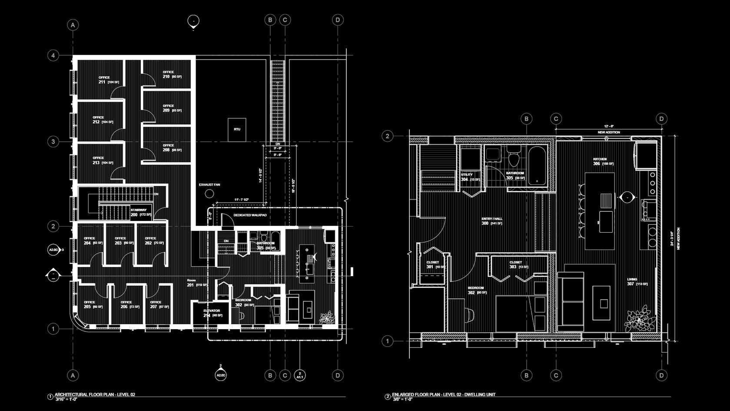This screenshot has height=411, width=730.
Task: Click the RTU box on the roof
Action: click(x=237, y=130)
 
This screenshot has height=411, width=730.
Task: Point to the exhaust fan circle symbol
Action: click(x=210, y=194)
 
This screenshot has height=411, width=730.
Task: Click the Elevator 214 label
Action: click(x=212, y=313)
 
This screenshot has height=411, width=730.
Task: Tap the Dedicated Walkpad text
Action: click(x=250, y=215)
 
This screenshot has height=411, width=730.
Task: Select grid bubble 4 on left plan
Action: click(x=53, y=55)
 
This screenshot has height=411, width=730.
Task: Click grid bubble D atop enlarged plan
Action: click(x=661, y=119)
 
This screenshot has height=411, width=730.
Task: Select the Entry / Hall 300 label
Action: click(x=491, y=221)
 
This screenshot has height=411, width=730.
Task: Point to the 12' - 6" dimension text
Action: click(x=608, y=126)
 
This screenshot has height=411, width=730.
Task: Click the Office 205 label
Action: click(x=93, y=304)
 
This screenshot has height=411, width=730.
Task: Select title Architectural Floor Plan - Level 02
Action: click(x=95, y=394)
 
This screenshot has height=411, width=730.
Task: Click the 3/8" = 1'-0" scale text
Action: click(x=402, y=399)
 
